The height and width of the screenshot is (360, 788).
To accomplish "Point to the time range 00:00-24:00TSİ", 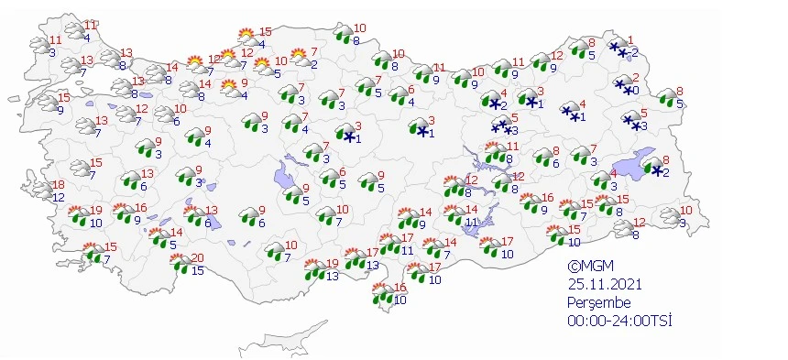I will pos(618,319).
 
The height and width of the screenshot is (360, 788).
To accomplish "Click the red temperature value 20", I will pos(198,258).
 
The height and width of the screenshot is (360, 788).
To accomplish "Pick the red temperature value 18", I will pos(58,185).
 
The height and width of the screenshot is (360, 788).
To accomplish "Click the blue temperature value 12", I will pos(58,197).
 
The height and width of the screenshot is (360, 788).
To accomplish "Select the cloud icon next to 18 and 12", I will pos(39,191).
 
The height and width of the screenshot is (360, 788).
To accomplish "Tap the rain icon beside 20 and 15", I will pos(180,265).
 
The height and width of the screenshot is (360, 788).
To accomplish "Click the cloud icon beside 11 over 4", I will pos(73,31).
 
